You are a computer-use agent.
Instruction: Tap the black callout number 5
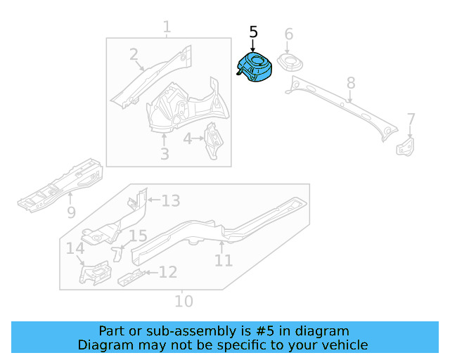[x=254, y=32]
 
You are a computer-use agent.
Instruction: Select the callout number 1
[x=167, y=27]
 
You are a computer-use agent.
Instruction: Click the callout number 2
[x=134, y=55]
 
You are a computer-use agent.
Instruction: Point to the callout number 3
[x=164, y=153]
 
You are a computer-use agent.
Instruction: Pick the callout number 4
[x=188, y=139]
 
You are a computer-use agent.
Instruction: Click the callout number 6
[x=288, y=34]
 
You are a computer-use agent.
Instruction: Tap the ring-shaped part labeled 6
[x=290, y=62]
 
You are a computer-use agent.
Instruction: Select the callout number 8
[x=351, y=84]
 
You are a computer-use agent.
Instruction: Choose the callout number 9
[x=71, y=212]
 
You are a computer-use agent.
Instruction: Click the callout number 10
[x=183, y=301]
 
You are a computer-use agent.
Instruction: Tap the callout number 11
[x=223, y=261]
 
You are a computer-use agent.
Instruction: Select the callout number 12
[x=167, y=271]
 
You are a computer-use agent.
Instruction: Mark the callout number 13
[x=171, y=201]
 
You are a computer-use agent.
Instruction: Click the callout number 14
[x=75, y=248]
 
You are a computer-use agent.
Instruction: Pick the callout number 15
[x=138, y=236]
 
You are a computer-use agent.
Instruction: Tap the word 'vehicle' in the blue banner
[x=343, y=345]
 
